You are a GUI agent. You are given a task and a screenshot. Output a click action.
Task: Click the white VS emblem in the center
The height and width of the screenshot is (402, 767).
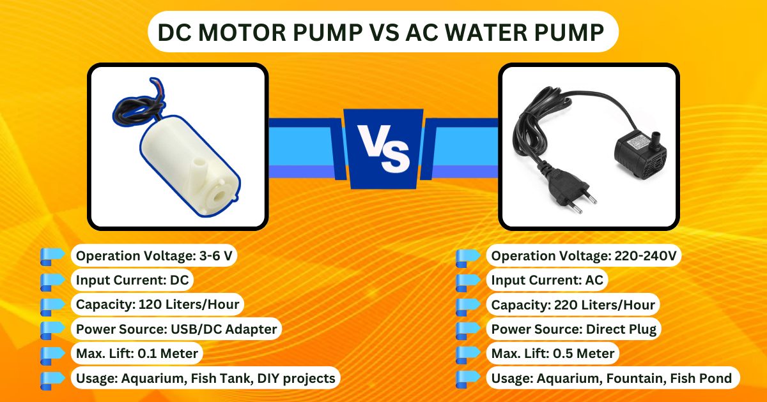383,148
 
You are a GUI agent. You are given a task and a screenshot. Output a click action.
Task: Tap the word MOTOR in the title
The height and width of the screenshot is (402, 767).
242,33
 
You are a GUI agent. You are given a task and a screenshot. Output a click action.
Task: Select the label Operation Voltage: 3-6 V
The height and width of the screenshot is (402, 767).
154,255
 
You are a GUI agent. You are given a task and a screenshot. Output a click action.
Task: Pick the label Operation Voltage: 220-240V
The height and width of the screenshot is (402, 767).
584,255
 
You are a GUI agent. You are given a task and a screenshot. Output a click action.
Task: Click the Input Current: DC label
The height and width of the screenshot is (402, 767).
132,280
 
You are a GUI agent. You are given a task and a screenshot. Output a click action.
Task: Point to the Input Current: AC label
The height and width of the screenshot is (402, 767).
547,280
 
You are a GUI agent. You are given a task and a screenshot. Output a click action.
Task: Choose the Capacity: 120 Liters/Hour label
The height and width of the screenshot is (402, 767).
157,304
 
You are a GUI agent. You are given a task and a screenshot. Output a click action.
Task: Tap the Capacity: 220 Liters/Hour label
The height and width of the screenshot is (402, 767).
573,304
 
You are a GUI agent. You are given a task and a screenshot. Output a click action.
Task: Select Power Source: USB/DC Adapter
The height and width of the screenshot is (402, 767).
176,329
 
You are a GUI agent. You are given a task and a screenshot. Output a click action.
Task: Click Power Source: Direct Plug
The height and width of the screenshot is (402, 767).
573,329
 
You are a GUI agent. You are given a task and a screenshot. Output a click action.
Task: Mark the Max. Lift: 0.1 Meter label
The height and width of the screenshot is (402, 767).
137,353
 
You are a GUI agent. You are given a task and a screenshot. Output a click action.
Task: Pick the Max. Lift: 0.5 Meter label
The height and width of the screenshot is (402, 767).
553,353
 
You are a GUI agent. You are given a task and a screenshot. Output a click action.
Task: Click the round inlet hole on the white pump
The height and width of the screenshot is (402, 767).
218,196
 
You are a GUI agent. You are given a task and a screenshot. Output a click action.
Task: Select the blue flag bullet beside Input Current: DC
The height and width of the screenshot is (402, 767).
52,282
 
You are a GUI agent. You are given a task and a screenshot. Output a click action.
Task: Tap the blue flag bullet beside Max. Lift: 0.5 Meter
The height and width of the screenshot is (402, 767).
468,355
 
